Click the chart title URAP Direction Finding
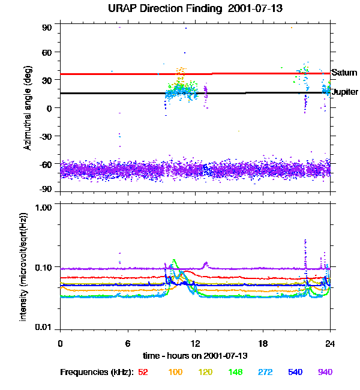179,9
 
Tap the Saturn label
344,73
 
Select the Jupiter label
345,92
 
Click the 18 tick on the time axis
263,343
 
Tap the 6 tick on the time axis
128,343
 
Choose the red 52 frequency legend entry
143,372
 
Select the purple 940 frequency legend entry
325,372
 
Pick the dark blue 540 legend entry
294,372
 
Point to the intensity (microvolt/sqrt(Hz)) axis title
24,268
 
